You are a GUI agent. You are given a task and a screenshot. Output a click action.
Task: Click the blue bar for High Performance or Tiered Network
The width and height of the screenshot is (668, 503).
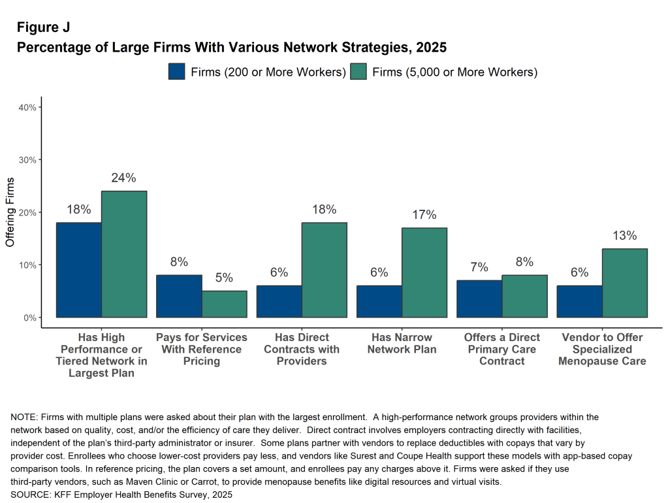(x=78, y=270)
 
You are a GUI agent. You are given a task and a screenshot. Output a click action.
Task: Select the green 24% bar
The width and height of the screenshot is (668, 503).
(x=124, y=254)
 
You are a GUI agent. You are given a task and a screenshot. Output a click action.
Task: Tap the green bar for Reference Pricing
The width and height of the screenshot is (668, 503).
(x=224, y=304)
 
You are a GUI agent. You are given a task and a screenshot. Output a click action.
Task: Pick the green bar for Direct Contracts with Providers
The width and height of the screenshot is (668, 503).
(x=324, y=270)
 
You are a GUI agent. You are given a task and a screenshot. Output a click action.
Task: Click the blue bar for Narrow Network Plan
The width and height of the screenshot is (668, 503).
(x=379, y=301)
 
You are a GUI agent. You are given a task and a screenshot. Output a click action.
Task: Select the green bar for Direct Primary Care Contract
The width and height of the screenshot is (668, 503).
(x=524, y=296)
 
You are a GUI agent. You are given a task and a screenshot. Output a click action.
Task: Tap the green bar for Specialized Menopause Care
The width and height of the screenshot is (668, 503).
(x=625, y=283)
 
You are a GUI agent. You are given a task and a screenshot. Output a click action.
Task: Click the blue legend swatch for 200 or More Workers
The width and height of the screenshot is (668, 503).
(x=177, y=71)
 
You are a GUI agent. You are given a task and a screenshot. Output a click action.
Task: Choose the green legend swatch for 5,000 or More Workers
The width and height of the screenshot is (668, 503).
(x=358, y=71)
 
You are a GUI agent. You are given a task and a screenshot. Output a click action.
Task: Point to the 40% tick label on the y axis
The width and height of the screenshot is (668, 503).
(x=26, y=107)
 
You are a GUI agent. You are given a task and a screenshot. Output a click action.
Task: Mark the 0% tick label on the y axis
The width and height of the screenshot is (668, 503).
(x=29, y=317)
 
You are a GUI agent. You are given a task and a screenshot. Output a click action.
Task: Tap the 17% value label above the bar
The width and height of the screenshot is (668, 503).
(x=424, y=215)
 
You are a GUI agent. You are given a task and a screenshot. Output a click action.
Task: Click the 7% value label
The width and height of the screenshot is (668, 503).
(x=479, y=267)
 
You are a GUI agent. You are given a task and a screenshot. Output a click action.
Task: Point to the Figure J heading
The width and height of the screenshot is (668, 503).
(x=43, y=27)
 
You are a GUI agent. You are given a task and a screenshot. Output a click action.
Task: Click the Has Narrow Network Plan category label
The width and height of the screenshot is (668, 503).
(x=402, y=343)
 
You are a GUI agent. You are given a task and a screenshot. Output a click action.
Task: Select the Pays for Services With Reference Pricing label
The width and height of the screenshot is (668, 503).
(x=202, y=349)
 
